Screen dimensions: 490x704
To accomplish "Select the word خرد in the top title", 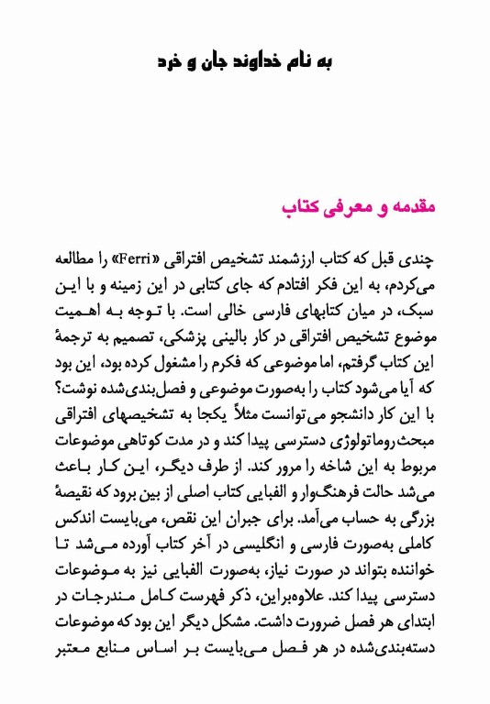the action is click(x=171, y=61).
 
